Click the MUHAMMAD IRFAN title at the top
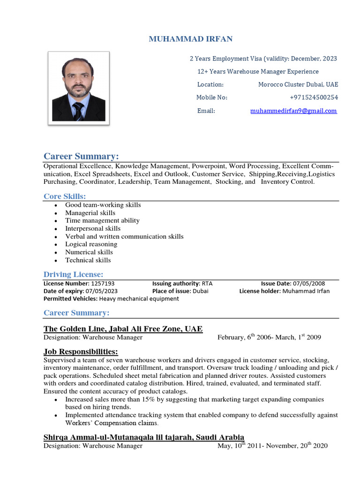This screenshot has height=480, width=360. point(190,39)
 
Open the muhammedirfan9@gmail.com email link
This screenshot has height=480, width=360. point(293,111)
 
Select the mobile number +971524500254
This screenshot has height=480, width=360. point(314,97)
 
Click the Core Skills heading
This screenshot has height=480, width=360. point(65,196)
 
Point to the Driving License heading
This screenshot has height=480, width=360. point(73,274)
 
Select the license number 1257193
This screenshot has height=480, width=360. point(103,284)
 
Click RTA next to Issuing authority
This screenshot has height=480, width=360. point(207,284)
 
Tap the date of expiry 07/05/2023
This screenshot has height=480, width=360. point(102,291)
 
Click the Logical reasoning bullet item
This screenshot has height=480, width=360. point(91,244)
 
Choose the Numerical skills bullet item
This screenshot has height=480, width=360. point(89,252)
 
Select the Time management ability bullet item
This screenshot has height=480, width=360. point(102,220)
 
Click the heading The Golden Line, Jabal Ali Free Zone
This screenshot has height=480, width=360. point(123,329)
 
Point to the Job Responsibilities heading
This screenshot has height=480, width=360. point(81,352)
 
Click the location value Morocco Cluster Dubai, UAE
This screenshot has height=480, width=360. point(298,84)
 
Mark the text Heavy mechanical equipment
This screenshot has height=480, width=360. point(139,299)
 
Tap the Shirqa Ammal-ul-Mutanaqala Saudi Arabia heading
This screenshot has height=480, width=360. point(143,437)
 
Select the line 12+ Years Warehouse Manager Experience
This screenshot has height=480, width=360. point(258,72)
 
